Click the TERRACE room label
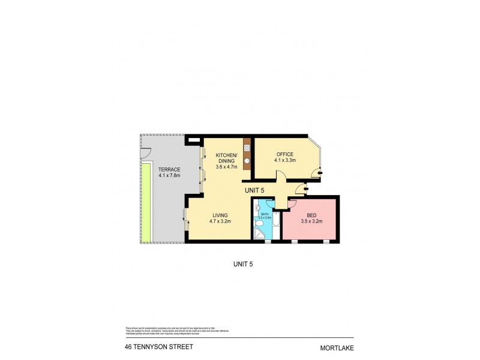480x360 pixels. click(169, 170)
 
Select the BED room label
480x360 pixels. click(311, 215)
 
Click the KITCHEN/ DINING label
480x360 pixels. click(227, 158)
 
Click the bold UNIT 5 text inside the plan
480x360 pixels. click(254, 190)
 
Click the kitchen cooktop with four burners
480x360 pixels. click(247, 148)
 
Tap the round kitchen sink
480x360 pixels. click(247, 161)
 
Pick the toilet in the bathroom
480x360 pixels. click(259, 223)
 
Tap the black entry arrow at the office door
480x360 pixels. click(320, 172)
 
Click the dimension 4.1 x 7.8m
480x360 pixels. click(169, 176)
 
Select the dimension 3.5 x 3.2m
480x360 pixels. click(311, 221)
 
